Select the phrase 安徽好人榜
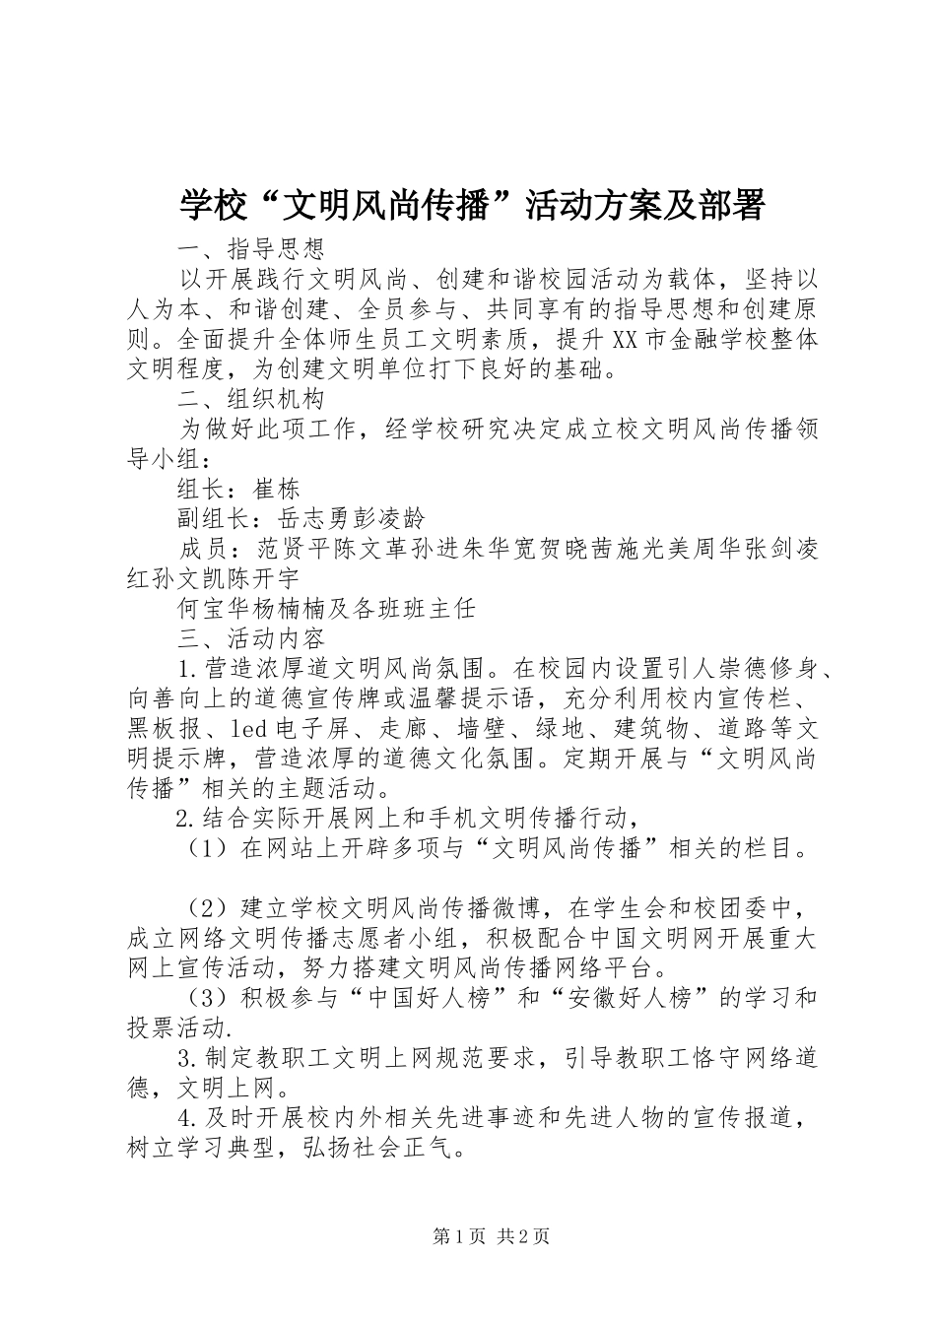coord(630,998)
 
